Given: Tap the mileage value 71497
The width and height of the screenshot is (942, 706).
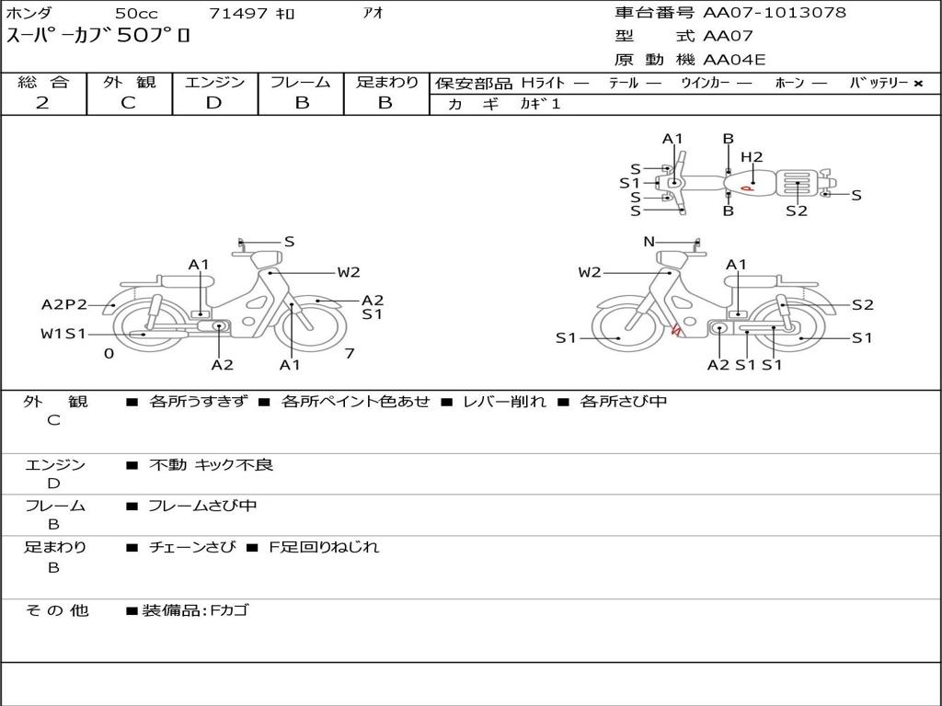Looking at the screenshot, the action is pos(238,14).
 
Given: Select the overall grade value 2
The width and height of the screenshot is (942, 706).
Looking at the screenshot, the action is pos(42,103).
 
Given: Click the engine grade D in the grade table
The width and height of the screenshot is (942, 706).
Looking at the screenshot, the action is pos(213,103).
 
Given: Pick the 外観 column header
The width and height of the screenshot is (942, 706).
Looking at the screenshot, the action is pos(129,82).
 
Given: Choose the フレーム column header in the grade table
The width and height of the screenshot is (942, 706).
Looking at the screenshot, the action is pos(301,82).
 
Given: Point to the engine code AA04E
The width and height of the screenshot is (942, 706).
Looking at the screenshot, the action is pos(734,61).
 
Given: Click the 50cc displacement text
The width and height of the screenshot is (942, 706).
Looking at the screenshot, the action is pos(136,14).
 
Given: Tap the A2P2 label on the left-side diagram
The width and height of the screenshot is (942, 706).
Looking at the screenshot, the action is pos(64,305).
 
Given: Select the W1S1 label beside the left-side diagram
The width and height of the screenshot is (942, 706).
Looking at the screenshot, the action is pos(63,334).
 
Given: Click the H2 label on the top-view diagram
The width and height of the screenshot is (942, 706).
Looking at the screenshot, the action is pos(752,157).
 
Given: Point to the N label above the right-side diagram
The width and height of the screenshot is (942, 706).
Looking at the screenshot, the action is pos(649,242).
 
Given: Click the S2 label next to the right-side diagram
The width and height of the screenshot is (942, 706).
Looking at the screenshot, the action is pos(862,305).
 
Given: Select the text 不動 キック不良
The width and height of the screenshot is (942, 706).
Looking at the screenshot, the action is pos(211,465).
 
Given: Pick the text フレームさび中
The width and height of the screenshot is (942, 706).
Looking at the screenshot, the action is pos(202,506).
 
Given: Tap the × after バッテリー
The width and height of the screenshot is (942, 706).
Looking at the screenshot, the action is pos(918,83).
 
